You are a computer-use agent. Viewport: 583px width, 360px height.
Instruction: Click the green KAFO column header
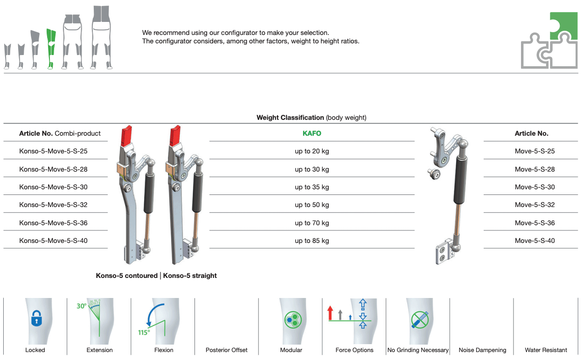(312, 133)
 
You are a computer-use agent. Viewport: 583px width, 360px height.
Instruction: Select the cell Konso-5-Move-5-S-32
(53, 205)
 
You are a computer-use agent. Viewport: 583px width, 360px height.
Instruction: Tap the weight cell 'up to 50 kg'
(312, 205)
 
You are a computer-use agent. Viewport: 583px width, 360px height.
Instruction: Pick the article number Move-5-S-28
(534, 169)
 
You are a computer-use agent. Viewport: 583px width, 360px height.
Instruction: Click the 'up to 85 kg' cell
(312, 241)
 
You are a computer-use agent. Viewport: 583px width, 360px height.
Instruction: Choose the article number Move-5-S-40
(534, 241)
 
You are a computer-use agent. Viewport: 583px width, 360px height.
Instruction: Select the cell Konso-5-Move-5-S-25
(53, 151)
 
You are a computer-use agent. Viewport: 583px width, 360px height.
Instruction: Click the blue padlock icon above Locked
(36, 318)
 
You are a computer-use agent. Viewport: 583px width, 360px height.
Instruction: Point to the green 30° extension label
(81, 306)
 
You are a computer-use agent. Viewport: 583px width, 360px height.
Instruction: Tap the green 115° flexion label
(144, 332)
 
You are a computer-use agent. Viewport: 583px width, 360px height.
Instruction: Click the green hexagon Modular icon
(293, 319)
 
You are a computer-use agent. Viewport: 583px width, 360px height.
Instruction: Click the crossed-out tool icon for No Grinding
(420, 319)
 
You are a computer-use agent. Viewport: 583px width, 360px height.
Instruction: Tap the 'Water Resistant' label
(546, 350)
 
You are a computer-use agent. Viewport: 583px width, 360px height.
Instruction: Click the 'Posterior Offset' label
(226, 350)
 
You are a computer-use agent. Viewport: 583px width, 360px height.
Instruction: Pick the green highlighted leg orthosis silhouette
(51, 48)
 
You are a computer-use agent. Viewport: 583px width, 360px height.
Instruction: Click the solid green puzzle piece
(563, 26)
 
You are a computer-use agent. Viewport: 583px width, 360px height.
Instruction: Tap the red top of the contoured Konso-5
(126, 136)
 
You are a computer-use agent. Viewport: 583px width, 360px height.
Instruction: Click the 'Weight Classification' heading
(290, 118)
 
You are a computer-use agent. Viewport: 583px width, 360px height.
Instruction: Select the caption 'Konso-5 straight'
(190, 276)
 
